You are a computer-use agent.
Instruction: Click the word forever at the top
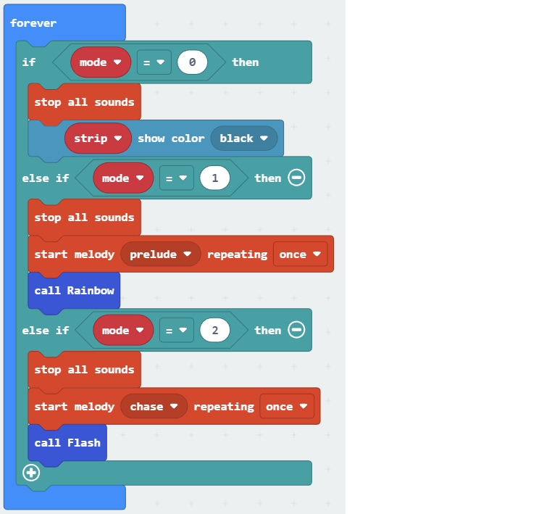tap(33, 23)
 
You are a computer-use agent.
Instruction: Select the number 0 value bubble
tap(192, 62)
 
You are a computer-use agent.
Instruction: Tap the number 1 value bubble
tap(214, 178)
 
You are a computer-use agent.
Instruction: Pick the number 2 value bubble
tap(214, 331)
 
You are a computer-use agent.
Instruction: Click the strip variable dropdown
tap(98, 138)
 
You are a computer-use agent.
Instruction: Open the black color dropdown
tap(244, 138)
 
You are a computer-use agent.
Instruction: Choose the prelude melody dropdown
tap(160, 254)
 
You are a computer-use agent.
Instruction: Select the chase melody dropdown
tap(154, 407)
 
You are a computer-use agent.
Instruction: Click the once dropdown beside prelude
tap(300, 254)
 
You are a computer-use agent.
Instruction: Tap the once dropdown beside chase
tap(287, 407)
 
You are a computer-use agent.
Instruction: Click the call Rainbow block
tap(74, 290)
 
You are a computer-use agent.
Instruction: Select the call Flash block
tap(67, 442)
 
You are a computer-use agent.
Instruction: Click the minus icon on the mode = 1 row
tap(296, 178)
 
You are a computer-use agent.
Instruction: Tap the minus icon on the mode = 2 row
tap(296, 330)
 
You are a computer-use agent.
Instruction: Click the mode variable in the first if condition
tap(101, 62)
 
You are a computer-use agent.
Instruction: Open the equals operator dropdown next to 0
tap(154, 62)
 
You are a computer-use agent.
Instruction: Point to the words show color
tap(171, 138)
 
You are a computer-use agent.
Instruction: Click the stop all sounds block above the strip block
tap(84, 102)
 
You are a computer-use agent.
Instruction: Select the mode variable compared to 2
tap(123, 331)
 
